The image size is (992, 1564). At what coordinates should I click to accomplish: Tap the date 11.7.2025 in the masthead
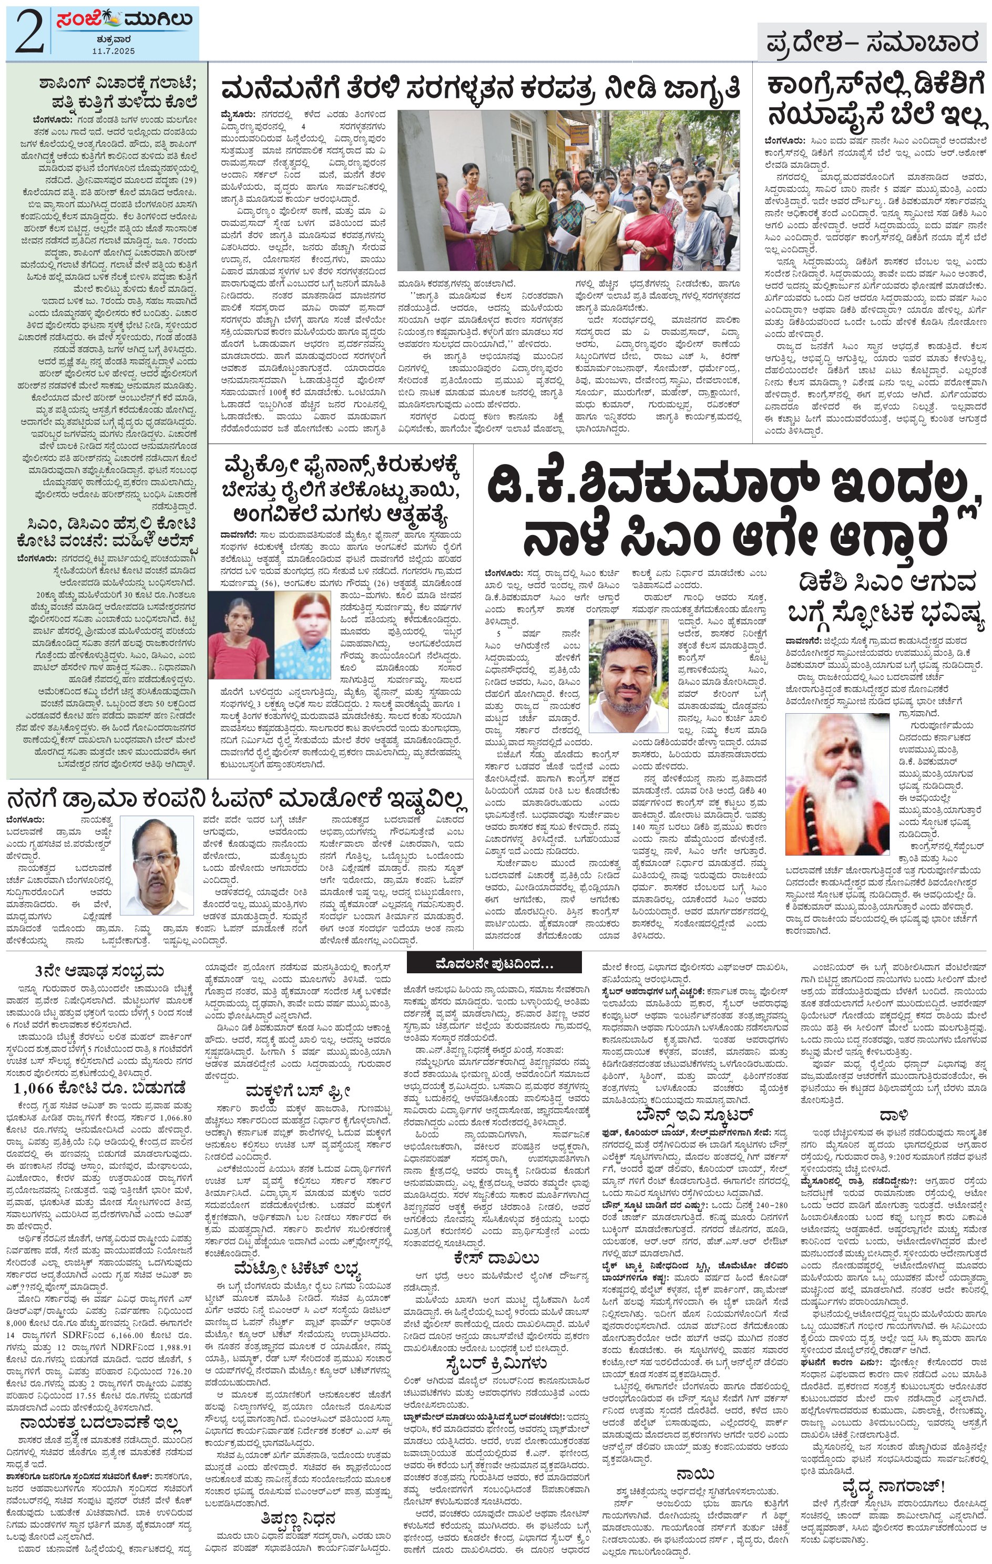click(113, 50)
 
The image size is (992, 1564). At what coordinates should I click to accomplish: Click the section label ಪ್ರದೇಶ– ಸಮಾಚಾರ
click(872, 44)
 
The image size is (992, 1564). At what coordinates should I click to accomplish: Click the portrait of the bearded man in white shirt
click(628, 675)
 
